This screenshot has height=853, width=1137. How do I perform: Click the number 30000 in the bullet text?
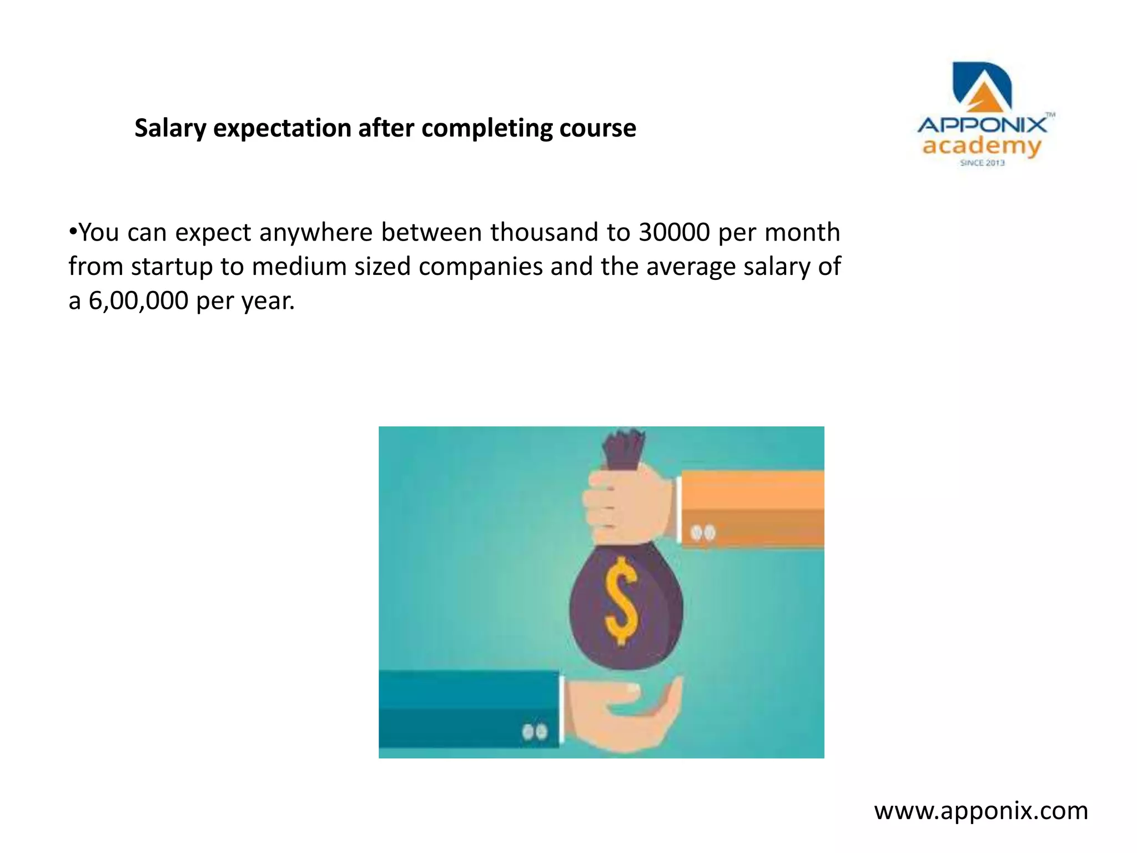tap(674, 232)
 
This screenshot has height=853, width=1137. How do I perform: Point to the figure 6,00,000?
tap(138, 301)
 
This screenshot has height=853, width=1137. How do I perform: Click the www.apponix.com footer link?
tap(981, 811)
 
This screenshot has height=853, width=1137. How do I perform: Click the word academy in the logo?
tap(981, 146)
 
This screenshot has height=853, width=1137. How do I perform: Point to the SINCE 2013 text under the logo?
tap(982, 163)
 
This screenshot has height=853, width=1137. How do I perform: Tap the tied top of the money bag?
tap(624, 447)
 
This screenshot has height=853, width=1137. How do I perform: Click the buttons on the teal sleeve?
tap(534, 732)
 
